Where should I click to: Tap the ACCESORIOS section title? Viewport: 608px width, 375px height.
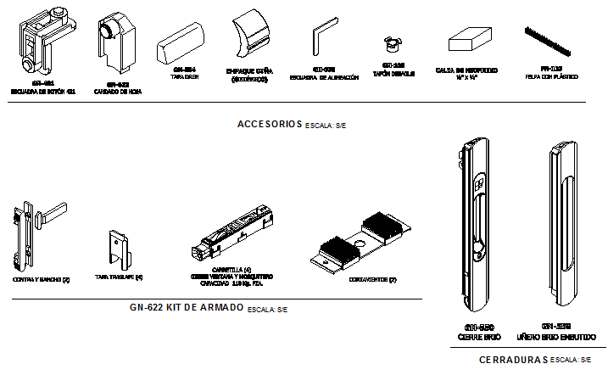[270, 125]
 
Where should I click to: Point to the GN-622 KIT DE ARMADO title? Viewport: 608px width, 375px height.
[187, 307]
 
